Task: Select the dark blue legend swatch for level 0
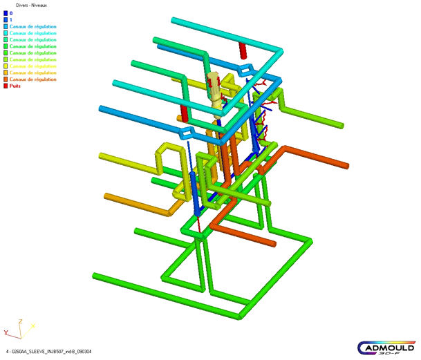click(6, 13)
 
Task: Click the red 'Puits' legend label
click(15, 86)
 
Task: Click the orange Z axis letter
click(21, 321)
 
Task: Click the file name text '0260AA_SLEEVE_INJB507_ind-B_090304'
click(52, 351)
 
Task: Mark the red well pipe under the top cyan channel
click(243, 50)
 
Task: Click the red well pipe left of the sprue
click(184, 113)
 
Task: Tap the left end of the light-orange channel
click(107, 197)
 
